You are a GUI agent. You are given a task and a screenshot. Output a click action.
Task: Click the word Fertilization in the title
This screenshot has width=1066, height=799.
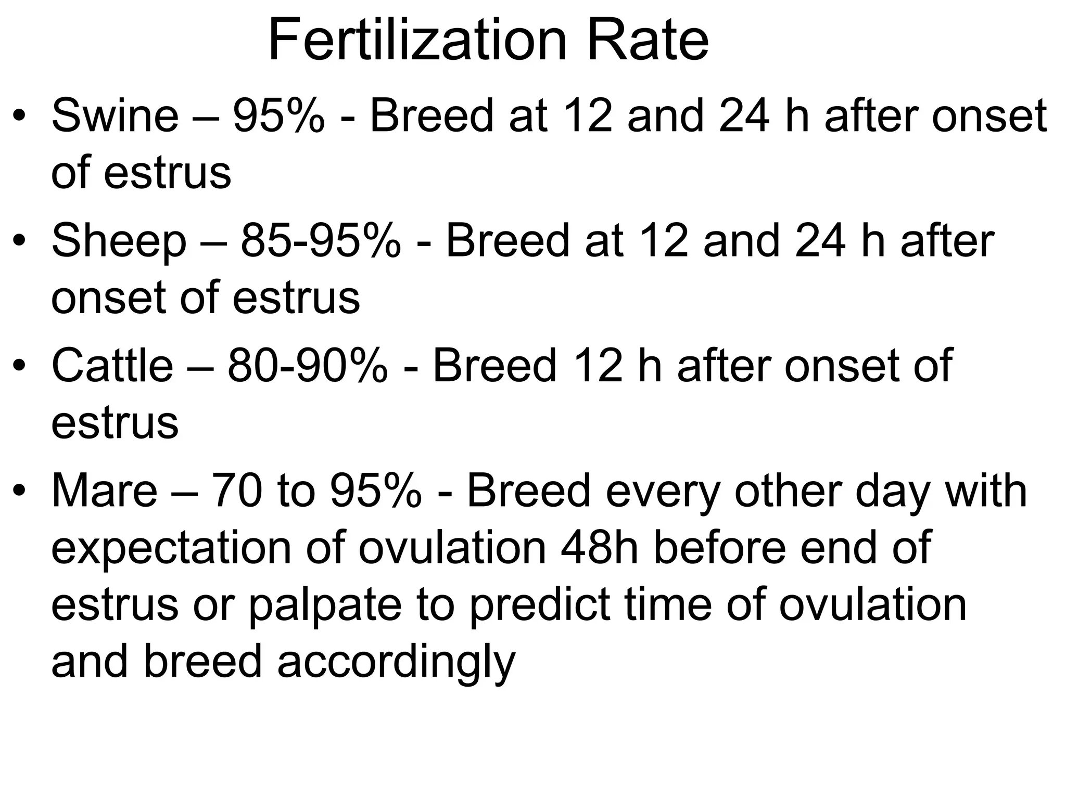417,40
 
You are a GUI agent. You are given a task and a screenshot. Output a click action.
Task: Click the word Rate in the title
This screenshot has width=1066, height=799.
648,40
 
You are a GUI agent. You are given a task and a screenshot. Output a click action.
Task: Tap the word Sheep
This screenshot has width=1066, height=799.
119,241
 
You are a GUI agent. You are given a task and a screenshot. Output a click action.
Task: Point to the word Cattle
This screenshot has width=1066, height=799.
112,366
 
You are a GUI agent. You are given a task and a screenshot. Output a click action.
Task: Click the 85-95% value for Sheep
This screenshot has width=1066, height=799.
321,241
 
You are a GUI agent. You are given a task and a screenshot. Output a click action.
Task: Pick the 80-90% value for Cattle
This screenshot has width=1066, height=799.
308,366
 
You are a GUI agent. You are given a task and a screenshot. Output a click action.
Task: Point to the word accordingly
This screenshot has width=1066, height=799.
396,663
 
